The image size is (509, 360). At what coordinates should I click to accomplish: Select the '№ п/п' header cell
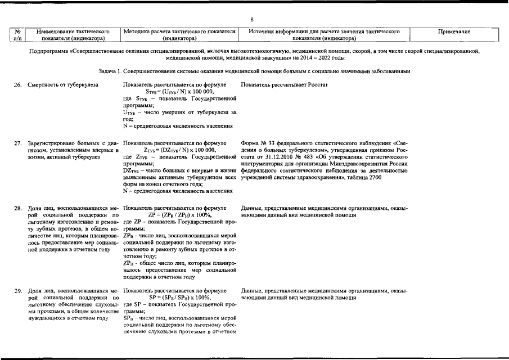[x=18, y=35]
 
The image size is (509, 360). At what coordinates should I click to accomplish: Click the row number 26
[x=18, y=84]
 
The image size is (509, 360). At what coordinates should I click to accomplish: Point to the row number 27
[x=18, y=143]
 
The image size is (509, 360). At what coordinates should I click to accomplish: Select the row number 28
[x=18, y=209]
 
